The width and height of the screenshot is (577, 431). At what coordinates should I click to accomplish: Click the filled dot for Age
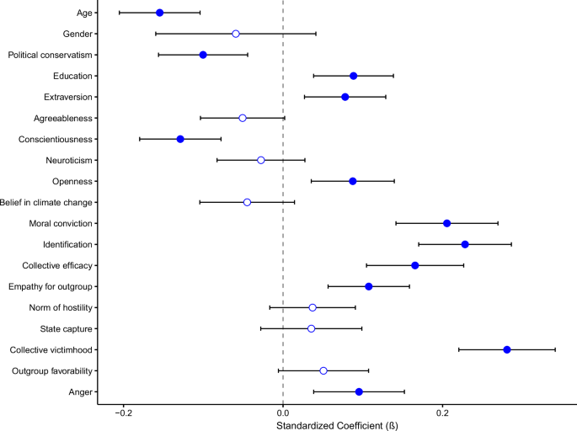click(x=159, y=13)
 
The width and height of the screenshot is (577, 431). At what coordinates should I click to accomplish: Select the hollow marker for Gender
click(x=236, y=34)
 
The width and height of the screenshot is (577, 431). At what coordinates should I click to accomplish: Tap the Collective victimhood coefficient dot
click(x=507, y=349)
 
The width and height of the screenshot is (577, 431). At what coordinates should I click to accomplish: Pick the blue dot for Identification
click(x=465, y=244)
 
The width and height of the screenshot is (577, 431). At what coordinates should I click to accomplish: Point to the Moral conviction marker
click(x=446, y=223)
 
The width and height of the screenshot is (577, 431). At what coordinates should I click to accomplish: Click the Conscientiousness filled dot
click(x=180, y=139)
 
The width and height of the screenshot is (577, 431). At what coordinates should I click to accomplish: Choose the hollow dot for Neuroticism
click(x=260, y=160)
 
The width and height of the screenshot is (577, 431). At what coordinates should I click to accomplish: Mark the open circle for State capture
click(x=312, y=328)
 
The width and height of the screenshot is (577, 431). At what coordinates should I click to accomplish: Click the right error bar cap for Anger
click(x=404, y=391)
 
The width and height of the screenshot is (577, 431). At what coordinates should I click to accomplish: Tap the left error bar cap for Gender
click(x=156, y=34)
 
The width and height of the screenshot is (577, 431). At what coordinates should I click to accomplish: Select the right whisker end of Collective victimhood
click(x=555, y=349)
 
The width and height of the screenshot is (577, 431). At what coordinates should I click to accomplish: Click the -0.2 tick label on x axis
click(x=124, y=413)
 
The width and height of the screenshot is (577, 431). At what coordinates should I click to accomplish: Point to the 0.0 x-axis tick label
click(x=283, y=413)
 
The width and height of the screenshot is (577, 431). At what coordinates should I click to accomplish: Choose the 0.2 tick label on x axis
click(x=442, y=413)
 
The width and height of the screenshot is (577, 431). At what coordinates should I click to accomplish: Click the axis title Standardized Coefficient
click(x=337, y=425)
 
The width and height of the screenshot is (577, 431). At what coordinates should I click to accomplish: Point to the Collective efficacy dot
click(x=414, y=265)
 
